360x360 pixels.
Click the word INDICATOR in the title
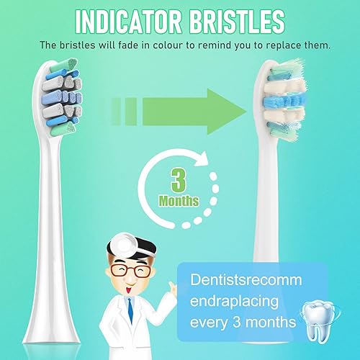pos(121,19)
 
